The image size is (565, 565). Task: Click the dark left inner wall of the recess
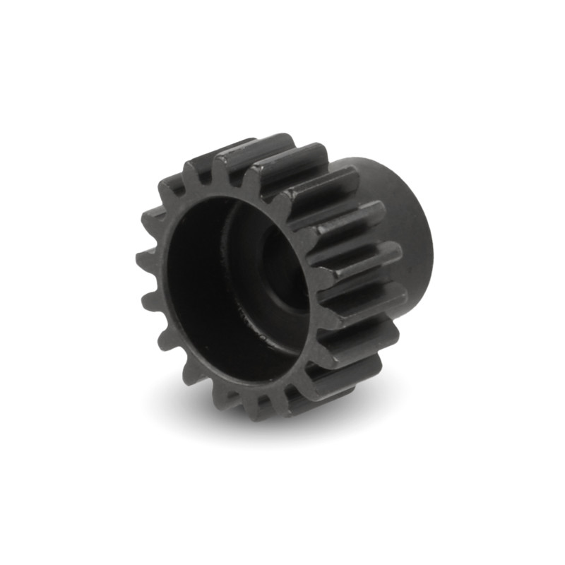[x=187, y=282]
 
